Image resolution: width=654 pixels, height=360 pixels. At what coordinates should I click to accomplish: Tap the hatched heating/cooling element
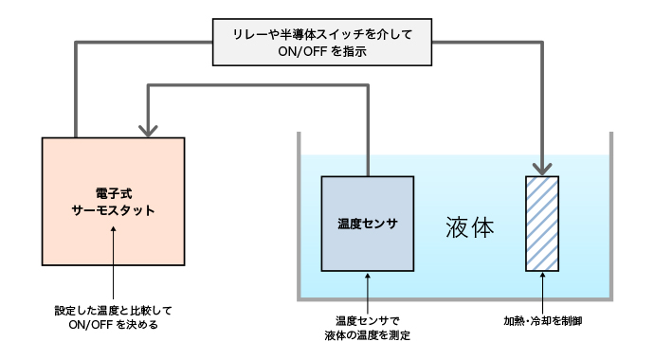pos(542,223)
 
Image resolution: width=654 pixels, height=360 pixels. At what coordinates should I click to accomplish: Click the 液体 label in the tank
pos(470,227)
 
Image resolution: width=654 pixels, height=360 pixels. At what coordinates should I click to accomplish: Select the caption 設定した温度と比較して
pos(113,310)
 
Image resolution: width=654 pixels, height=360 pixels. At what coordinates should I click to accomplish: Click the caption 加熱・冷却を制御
pos(542,321)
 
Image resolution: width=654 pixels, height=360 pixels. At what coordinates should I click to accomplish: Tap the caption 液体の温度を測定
pos(366,334)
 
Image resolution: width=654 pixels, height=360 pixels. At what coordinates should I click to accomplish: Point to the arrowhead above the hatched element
pos(542,168)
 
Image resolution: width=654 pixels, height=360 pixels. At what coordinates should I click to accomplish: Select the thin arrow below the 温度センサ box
pos(367,289)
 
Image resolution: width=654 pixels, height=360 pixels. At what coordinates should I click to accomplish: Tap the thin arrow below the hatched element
pos(542,289)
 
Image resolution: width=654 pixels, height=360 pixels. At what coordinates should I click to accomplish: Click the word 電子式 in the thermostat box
pos(113,192)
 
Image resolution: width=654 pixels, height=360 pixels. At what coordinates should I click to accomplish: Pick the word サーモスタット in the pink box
pos(113,210)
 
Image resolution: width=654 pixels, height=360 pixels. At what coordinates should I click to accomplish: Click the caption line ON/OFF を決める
pos(113,324)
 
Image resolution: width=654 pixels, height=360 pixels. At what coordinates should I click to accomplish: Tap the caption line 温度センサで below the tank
pos(366,320)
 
